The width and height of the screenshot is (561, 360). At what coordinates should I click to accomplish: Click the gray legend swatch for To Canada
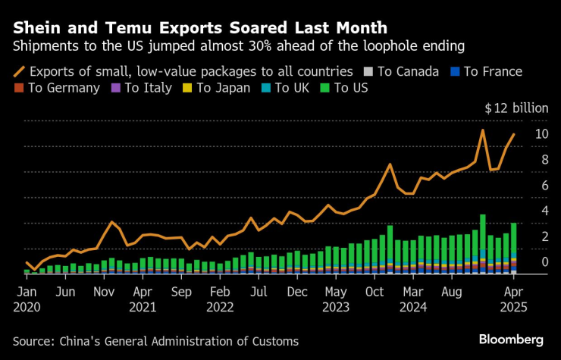coord(368,72)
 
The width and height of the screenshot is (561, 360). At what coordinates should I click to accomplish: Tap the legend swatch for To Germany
coord(18,88)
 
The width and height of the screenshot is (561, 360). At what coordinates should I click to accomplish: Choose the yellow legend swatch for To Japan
coord(186,88)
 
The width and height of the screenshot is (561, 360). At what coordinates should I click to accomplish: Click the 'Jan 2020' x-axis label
coord(27,298)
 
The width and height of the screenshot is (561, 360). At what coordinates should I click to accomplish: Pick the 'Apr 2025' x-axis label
coord(513,298)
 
